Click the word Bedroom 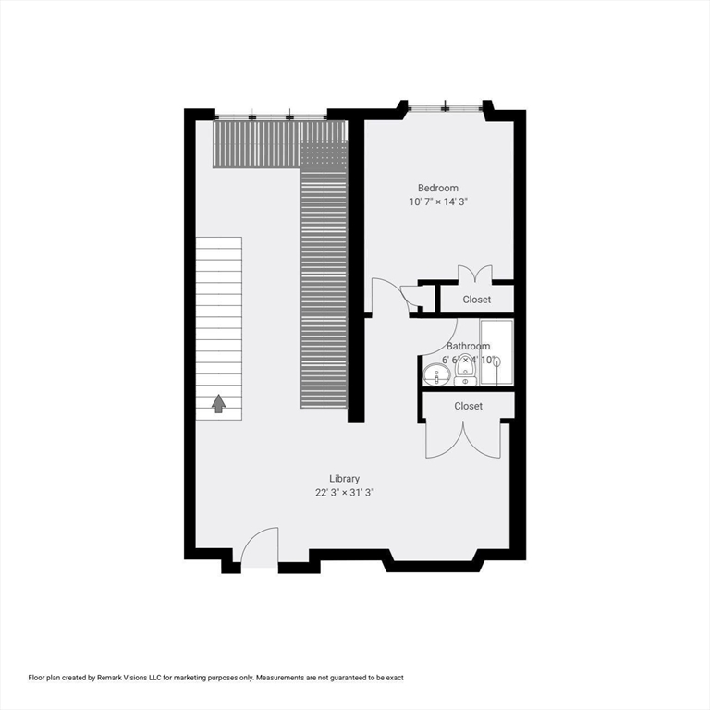point(437,188)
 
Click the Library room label point(344,479)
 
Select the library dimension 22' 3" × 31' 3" point(344,493)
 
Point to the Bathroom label point(468,347)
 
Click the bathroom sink point(436,374)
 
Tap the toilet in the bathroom point(465,372)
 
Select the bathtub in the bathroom point(496,352)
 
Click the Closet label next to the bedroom point(477,300)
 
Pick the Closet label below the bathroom point(468,406)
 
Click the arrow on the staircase point(219,403)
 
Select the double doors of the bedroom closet point(475,274)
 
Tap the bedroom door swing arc point(388,296)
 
